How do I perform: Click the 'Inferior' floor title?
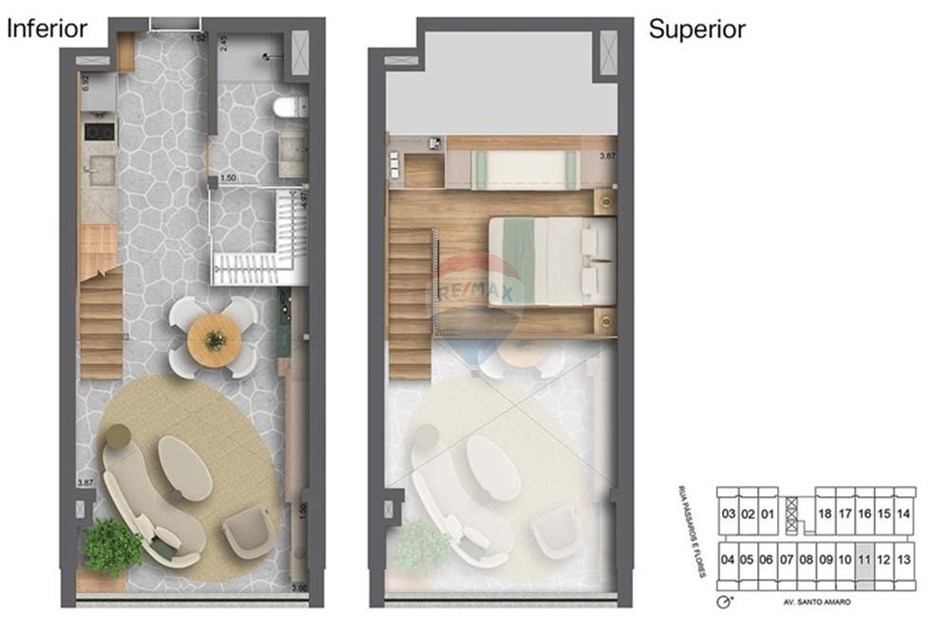[x=47, y=28]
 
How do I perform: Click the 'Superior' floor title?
[x=696, y=28]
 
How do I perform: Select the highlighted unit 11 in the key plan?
[x=864, y=559]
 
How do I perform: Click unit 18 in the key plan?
[x=825, y=513]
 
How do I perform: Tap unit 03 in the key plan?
[x=729, y=513]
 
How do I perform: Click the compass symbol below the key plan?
[x=726, y=603]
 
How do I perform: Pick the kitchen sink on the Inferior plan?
[x=99, y=171]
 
